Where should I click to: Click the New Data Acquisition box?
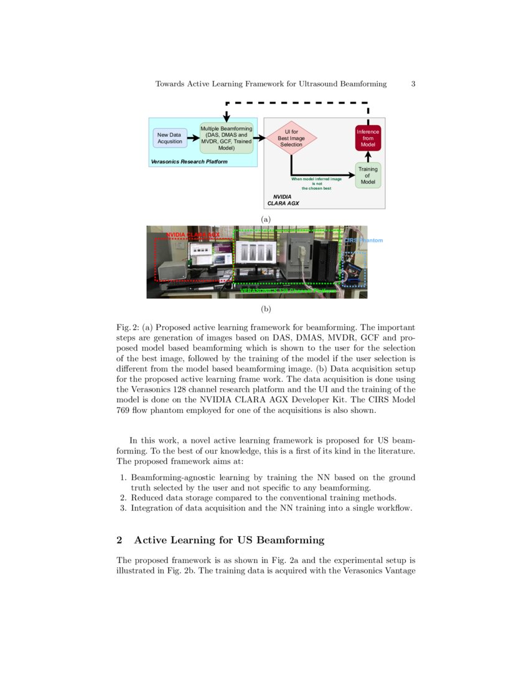coord(170,138)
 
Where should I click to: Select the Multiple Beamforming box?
coord(226,138)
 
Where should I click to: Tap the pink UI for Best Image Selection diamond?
coord(291,138)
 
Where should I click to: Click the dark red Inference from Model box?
coord(368,138)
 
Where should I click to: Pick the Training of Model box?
coord(368,175)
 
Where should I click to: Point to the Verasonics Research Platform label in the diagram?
coord(189,161)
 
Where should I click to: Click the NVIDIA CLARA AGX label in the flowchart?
coord(283,200)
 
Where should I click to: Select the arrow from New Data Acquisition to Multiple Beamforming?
coord(194,138)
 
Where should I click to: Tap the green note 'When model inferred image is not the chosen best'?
coord(316,183)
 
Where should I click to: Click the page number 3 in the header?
coord(413,83)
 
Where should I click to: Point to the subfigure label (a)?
coord(266,219)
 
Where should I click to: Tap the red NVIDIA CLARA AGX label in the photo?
coord(193,235)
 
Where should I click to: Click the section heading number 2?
coord(119,539)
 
